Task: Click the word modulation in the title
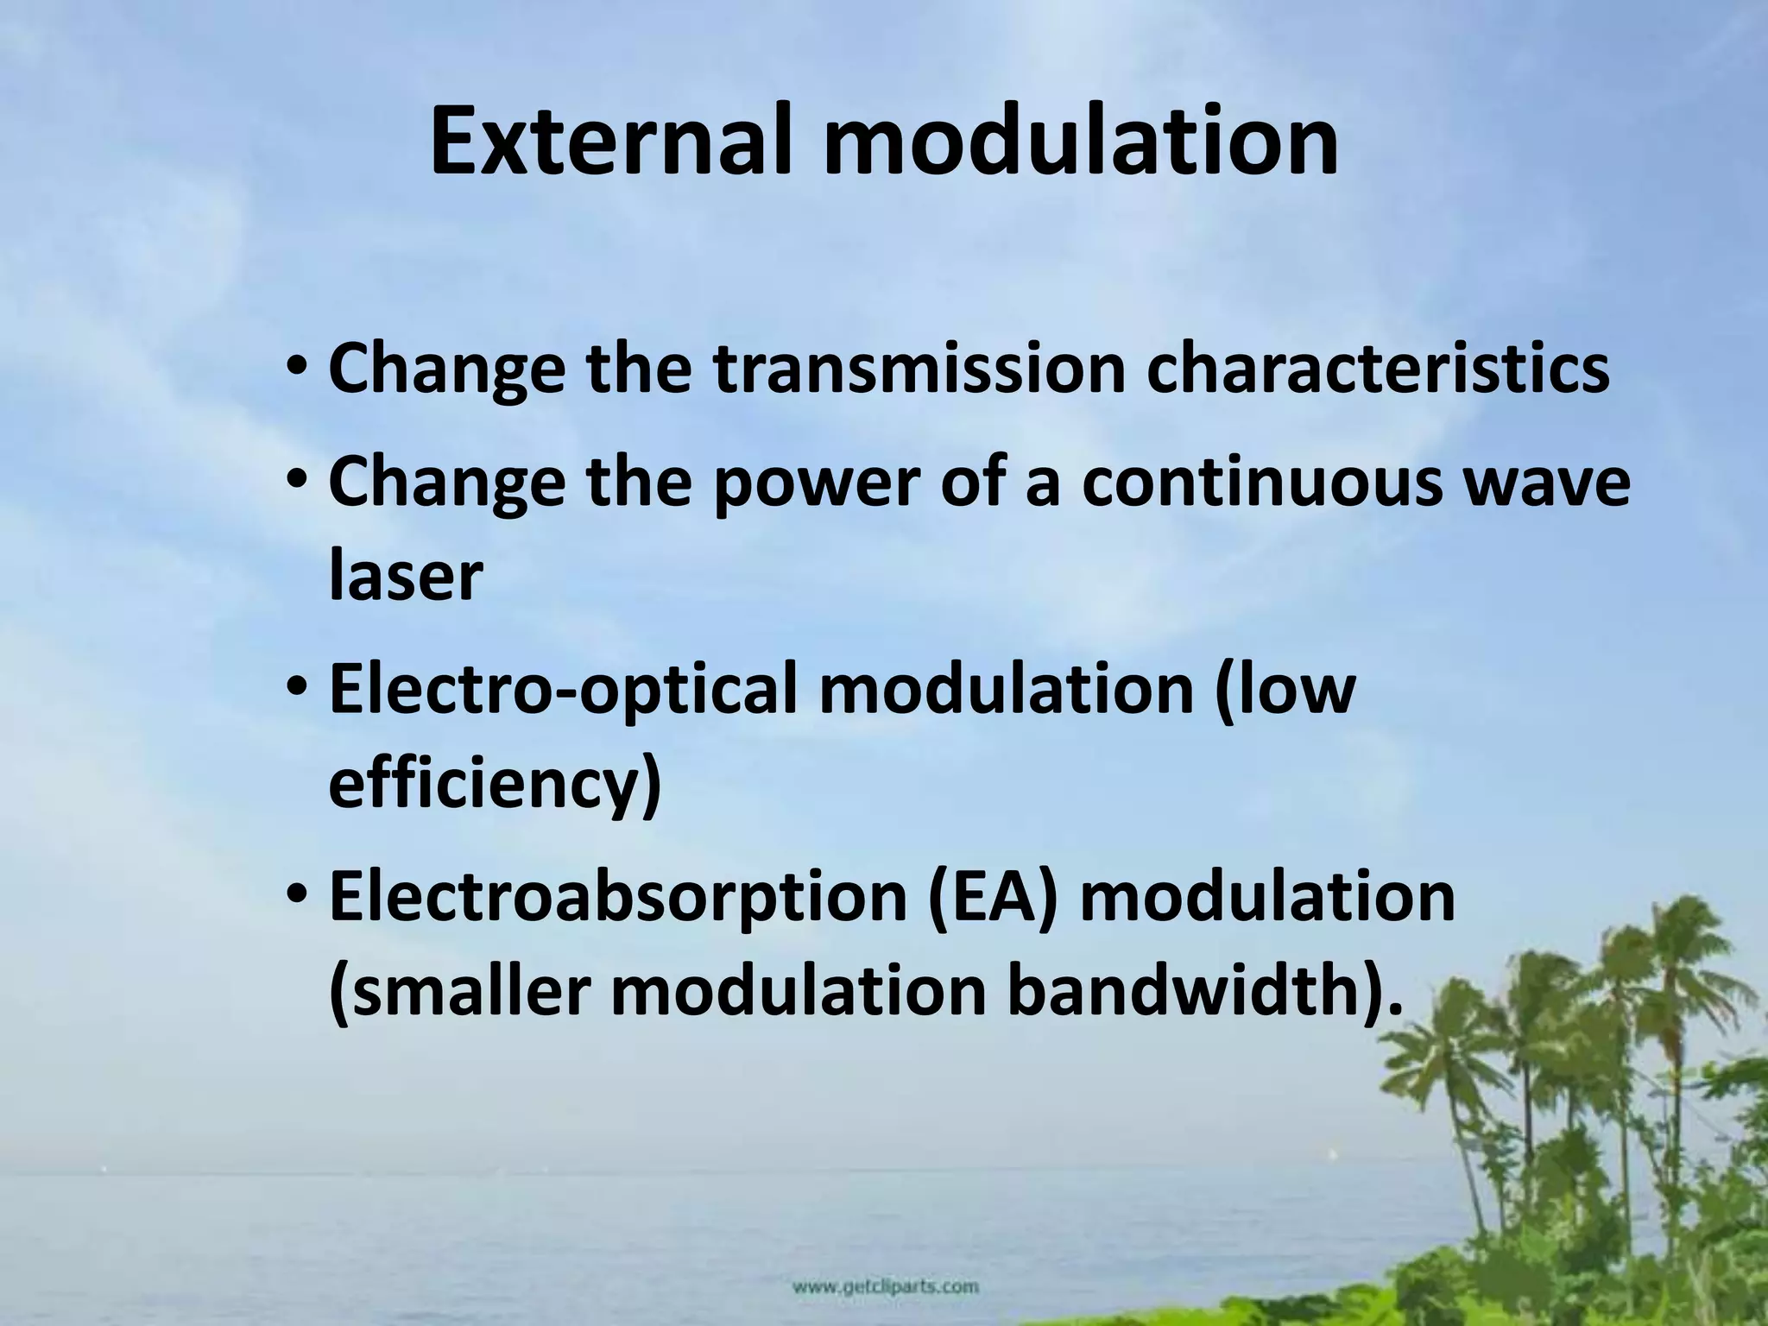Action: pos(1081,141)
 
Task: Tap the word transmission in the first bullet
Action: pos(920,369)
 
